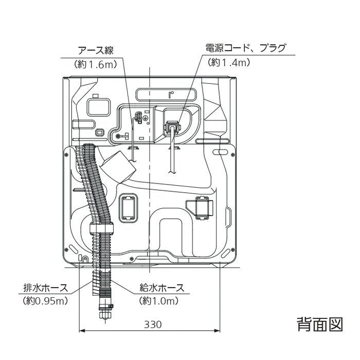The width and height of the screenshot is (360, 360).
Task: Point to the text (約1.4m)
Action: point(229,62)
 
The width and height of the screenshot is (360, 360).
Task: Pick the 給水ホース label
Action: point(162,288)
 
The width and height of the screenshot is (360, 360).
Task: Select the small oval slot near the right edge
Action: point(220,153)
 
